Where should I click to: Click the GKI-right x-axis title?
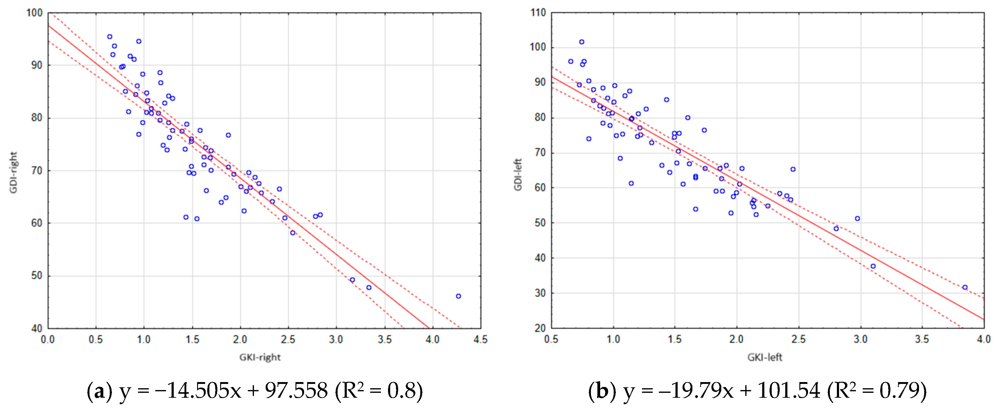259,357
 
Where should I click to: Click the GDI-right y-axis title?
14,172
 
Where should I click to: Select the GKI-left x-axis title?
764,357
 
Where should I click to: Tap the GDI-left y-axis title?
518,174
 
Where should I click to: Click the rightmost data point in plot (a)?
458,296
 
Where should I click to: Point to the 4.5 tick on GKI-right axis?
481,340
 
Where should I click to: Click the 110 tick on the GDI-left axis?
538,13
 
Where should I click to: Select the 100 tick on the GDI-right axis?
34,13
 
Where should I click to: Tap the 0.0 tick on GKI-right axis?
48,340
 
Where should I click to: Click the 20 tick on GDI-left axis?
540,328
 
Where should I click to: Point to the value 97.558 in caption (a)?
296,391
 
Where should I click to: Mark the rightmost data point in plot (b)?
965,287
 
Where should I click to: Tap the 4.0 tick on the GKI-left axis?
984,340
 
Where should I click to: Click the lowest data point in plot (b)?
965,287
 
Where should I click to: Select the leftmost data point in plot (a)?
110,37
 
